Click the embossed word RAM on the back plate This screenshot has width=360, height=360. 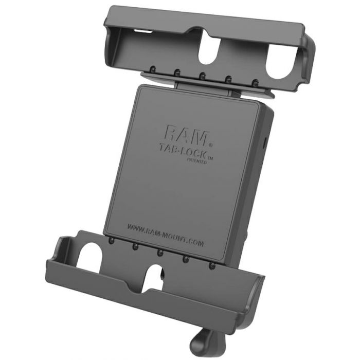[186, 135]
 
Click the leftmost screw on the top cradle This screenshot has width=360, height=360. [153, 68]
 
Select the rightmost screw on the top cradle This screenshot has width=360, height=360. [255, 82]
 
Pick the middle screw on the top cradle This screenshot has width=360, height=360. [203, 75]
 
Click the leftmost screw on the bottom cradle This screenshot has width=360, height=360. [112, 241]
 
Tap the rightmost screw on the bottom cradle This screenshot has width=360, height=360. [212, 266]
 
